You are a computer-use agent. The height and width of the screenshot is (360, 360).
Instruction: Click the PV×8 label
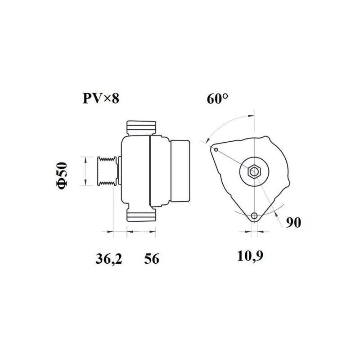[101, 99]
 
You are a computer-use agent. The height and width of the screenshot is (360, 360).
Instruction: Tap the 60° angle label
[217, 99]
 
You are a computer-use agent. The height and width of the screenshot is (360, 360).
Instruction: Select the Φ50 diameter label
[62, 175]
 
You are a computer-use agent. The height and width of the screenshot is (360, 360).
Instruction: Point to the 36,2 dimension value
[108, 259]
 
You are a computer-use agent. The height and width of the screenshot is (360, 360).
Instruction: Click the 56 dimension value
[152, 259]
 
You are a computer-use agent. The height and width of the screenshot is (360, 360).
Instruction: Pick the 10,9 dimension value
[250, 256]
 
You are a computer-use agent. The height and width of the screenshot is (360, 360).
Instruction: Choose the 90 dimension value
[293, 222]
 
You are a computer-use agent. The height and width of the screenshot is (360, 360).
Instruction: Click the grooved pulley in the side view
[107, 171]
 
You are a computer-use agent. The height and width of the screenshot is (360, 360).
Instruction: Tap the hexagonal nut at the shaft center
[254, 171]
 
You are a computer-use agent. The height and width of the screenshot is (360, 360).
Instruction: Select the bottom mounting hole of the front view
[254, 216]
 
